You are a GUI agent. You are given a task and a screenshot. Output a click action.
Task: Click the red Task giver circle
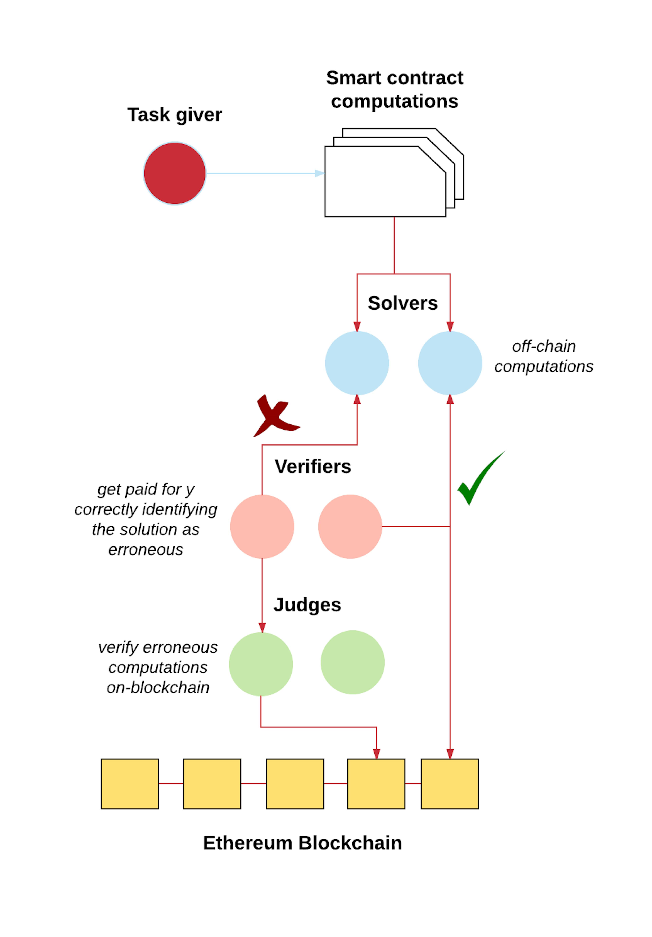tap(175, 173)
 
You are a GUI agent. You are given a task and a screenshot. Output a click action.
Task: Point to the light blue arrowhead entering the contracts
tap(320, 173)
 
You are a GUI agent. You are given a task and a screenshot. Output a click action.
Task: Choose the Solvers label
tap(403, 303)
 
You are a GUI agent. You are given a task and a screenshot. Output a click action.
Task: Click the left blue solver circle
tap(357, 363)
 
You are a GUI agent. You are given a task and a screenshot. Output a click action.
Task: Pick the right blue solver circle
tap(450, 363)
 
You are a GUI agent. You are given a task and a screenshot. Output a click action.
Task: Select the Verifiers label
tap(313, 466)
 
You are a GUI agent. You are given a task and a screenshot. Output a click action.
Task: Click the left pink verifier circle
tap(262, 526)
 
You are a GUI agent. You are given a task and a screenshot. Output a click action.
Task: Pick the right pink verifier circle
tap(350, 526)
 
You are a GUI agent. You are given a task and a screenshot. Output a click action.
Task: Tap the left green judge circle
tap(261, 664)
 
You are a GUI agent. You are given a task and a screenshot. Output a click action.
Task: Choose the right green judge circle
tap(352, 662)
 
